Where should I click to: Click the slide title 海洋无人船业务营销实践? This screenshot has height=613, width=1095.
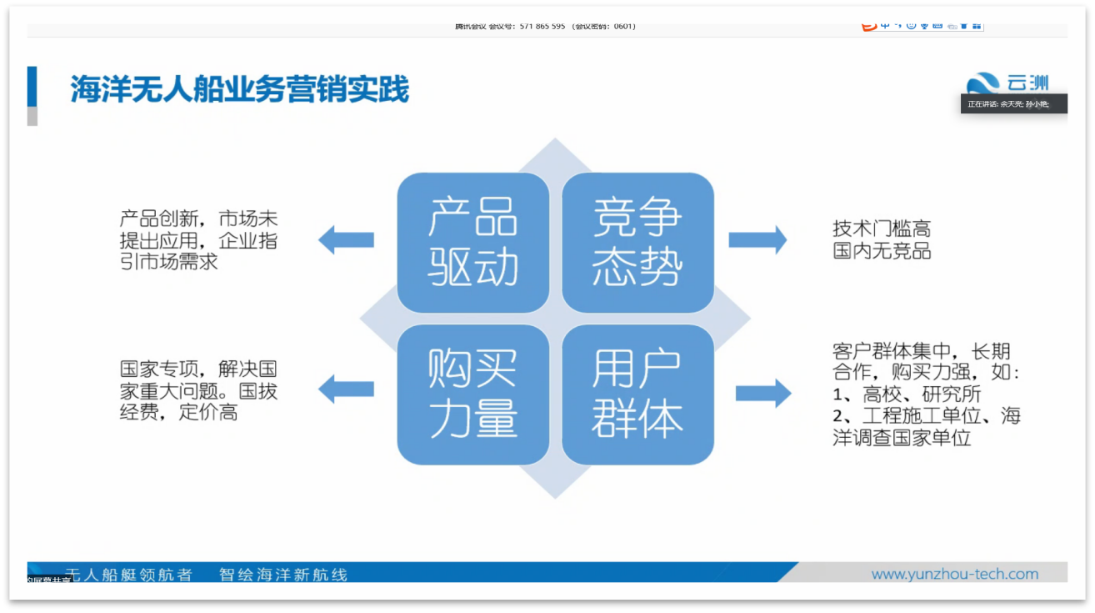pos(239,89)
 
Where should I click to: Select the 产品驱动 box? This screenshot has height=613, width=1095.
pos(472,243)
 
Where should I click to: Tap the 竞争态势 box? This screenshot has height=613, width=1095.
pos(637,243)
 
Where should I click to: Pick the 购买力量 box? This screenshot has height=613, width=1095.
pos(472,394)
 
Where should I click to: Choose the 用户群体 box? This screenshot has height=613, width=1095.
pos(637,394)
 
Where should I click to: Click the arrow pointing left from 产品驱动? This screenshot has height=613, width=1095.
pos(346,240)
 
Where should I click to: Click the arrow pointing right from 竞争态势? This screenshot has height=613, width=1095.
pos(757,240)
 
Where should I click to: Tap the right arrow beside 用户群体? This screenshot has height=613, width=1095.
pos(762,394)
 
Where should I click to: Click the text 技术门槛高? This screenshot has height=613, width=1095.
pos(882,229)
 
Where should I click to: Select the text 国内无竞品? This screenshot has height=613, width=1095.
pos(882,251)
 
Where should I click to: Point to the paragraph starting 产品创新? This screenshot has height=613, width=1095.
pos(198,240)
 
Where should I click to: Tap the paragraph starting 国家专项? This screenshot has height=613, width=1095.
pos(198,389)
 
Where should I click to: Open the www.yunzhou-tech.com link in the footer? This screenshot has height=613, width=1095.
pos(954,574)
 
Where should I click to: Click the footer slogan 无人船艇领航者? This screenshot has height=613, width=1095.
pos(128,575)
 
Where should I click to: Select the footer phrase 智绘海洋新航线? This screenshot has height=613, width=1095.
pos(283,575)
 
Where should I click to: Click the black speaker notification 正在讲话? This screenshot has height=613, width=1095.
pos(1012,104)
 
